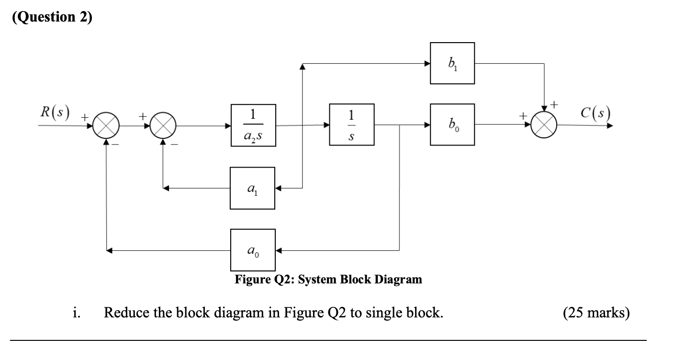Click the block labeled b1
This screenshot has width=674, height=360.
pos(452,63)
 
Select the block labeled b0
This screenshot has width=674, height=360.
pos(452,125)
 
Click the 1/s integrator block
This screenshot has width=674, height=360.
pos(352,125)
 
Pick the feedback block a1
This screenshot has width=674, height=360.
pos(252,188)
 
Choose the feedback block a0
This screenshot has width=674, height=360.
pos(252,249)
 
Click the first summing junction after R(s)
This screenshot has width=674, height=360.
pos(106,126)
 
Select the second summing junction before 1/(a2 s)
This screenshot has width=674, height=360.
pos(164,126)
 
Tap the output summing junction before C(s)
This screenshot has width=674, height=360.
pos(545,125)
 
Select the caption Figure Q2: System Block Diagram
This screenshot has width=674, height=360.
pos(328,280)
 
